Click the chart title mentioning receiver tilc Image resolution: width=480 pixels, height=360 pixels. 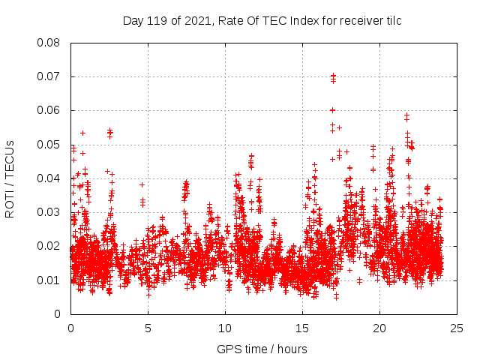click(262, 21)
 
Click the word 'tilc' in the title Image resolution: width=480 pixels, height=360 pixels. click(391, 21)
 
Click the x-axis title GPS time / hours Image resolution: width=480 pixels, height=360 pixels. click(262, 349)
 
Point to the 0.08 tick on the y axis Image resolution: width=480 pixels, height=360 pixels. click(49, 43)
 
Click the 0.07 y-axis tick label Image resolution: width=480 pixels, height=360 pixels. click(49, 76)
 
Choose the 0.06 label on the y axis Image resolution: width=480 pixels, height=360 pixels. click(49, 110)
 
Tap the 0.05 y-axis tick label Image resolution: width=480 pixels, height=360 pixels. click(49, 145)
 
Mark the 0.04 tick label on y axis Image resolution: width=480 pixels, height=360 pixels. click(49, 178)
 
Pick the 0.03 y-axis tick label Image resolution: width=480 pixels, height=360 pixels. click(49, 212)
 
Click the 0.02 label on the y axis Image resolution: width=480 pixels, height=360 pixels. click(49, 246)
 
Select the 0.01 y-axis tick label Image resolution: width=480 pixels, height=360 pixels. click(49, 280)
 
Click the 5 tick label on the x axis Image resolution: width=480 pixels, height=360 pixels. click(148, 328)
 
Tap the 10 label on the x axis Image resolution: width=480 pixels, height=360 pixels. click(225, 328)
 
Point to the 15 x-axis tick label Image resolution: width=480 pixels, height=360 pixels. click(302, 328)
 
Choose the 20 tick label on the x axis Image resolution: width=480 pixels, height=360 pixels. click(379, 328)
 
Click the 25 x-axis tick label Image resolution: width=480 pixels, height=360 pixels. click(457, 328)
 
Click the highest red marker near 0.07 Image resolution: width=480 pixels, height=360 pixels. click(333, 76)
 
